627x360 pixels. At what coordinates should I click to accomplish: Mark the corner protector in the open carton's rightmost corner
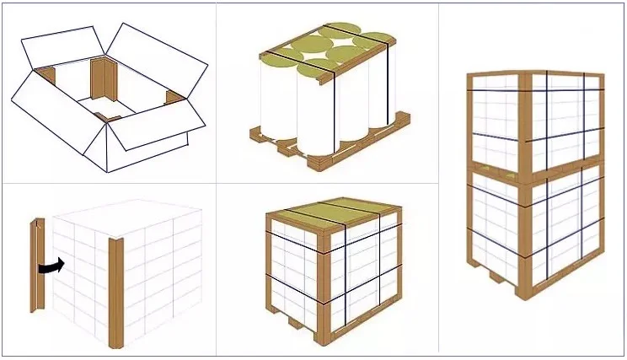coord(174,97)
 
